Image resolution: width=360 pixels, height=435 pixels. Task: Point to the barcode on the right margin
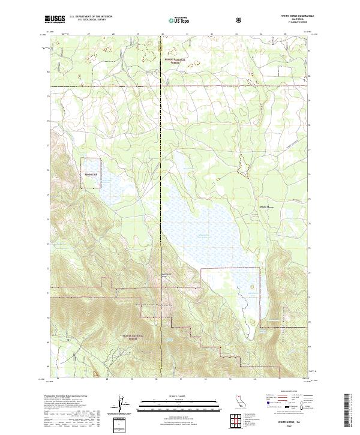coord(349,410)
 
